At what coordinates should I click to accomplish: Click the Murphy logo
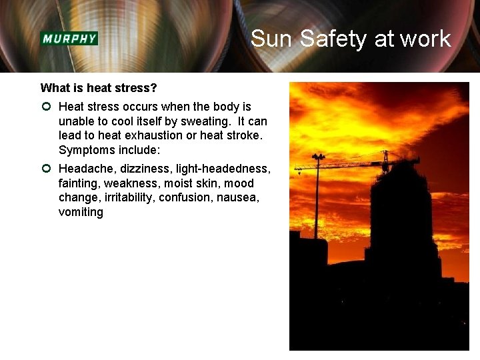(x=69, y=38)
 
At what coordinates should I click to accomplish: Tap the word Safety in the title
(x=334, y=39)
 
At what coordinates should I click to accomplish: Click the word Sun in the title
(x=272, y=39)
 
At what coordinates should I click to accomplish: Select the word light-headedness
(x=223, y=169)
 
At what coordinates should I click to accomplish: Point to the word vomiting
(x=81, y=212)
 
